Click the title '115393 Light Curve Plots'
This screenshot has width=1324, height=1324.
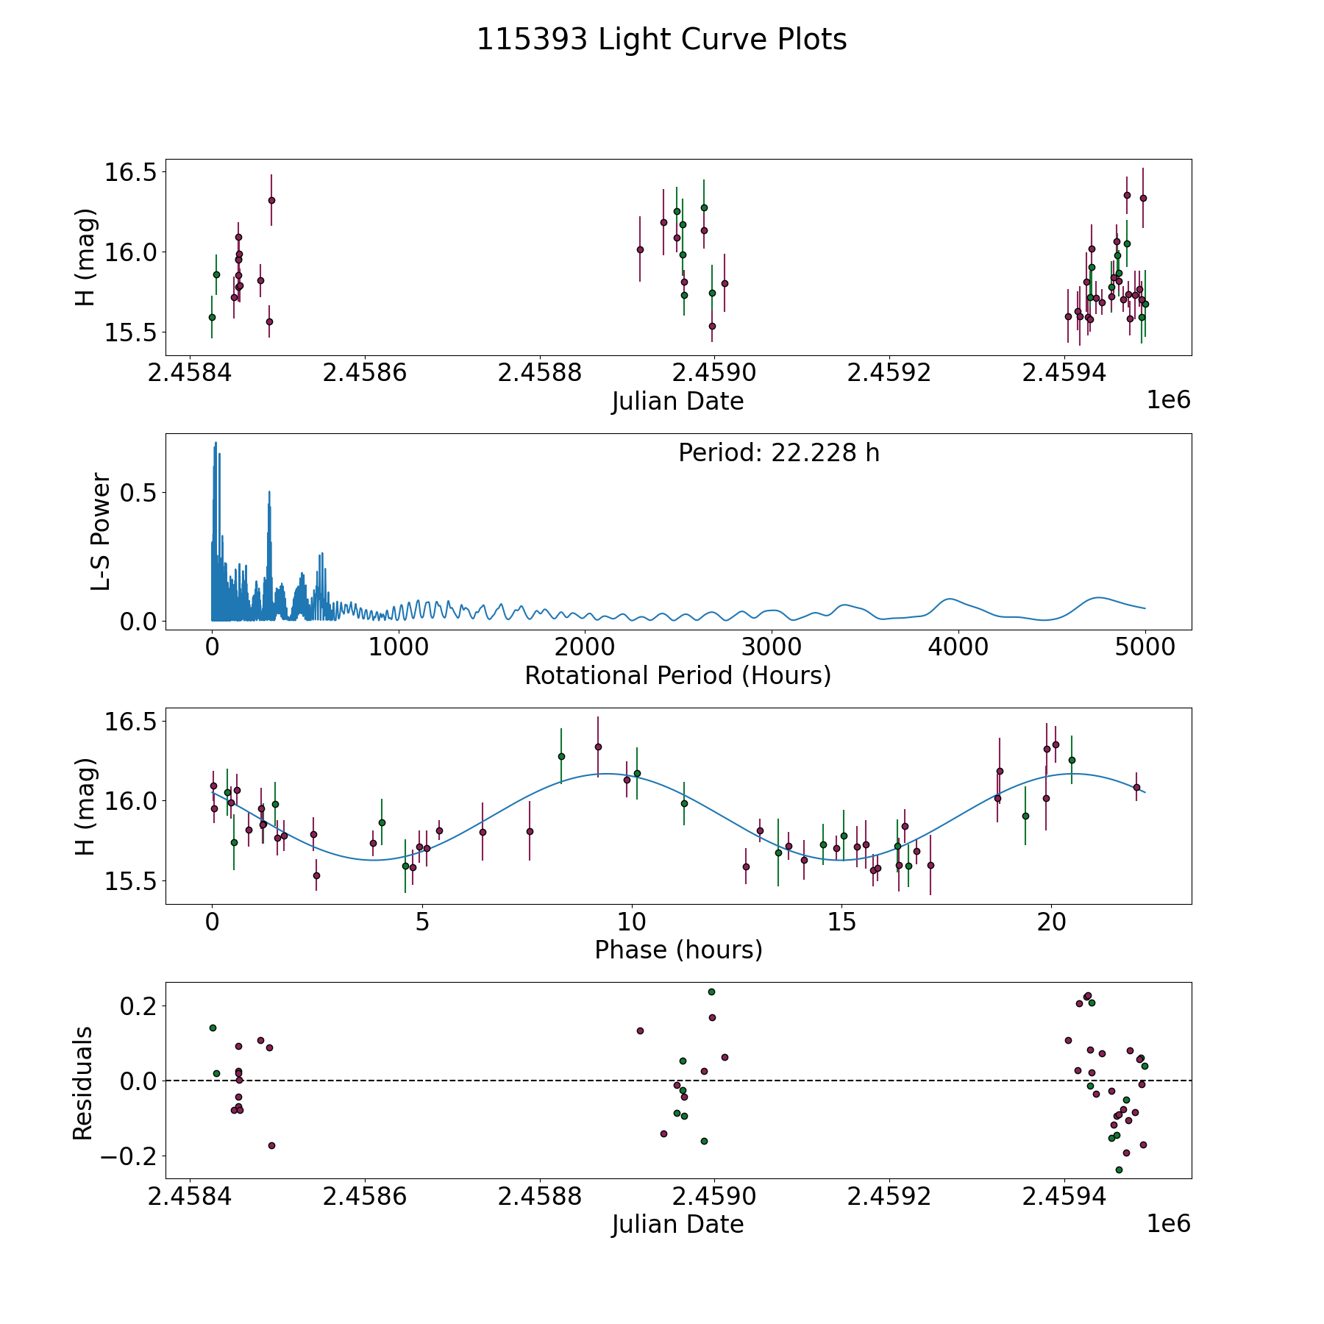click(x=661, y=40)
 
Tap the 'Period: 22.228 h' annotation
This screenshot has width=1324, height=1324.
click(x=778, y=453)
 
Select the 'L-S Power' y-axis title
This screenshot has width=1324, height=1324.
click(x=101, y=532)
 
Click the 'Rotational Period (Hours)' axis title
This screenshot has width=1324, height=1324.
click(x=677, y=675)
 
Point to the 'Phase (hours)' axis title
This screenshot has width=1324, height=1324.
click(x=677, y=950)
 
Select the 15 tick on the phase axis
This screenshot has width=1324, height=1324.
click(x=841, y=922)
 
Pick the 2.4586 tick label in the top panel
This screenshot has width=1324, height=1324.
click(x=365, y=373)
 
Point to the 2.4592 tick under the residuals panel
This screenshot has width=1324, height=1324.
click(x=889, y=1197)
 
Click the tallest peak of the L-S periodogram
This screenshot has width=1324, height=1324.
click(x=216, y=443)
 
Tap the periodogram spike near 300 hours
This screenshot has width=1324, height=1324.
click(x=269, y=491)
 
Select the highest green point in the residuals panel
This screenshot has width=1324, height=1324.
click(x=711, y=992)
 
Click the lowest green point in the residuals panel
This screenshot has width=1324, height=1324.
click(x=1119, y=1170)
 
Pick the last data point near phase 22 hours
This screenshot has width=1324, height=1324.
click(x=1136, y=787)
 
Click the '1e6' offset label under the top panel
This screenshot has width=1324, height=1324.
click(x=1168, y=400)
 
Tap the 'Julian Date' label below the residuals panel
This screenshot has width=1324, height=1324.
click(x=677, y=1224)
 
